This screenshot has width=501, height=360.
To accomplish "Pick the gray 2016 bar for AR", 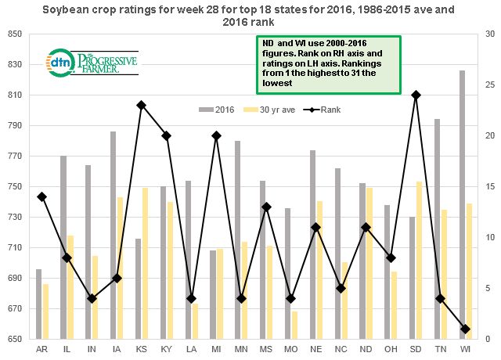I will pos(38,304).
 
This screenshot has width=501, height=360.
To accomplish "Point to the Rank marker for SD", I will pos(416,95).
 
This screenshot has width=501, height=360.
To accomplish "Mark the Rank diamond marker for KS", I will pos(140,105).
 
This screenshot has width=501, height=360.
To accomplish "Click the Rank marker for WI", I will pos(467,329).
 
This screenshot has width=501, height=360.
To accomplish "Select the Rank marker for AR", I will pos(41,196).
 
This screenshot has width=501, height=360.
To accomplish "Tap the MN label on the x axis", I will pos(238,348).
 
